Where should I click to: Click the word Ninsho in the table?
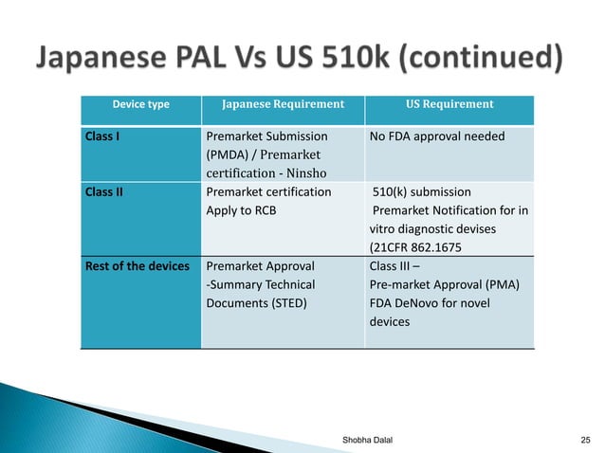pos(302,173)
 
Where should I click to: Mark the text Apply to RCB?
pos(241,210)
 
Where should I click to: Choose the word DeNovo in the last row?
pos(424,303)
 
